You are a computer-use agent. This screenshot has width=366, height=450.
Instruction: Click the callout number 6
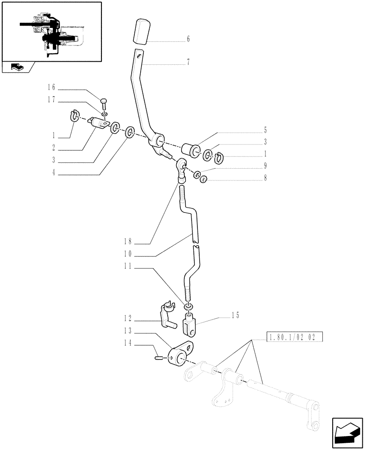pos(188,39)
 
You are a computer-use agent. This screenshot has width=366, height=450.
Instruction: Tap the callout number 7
pos(188,63)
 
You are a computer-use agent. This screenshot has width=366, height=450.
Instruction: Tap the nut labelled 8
pos(204,179)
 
